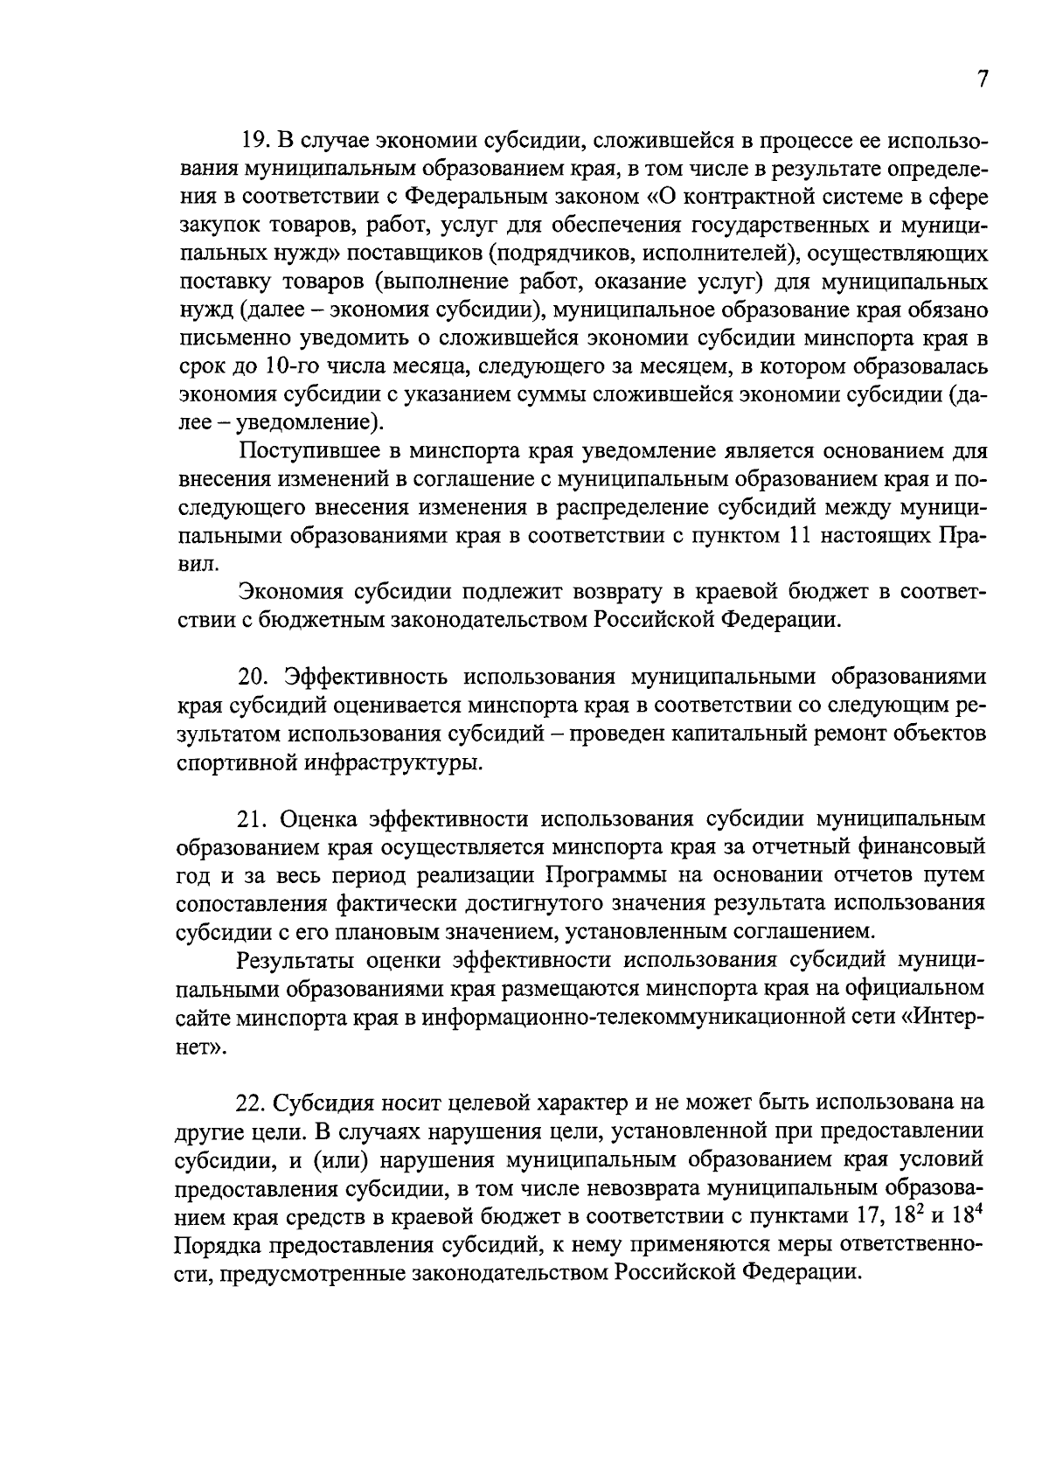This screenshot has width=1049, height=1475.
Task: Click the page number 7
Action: (982, 79)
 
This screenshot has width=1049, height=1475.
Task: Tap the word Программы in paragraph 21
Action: (608, 876)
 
